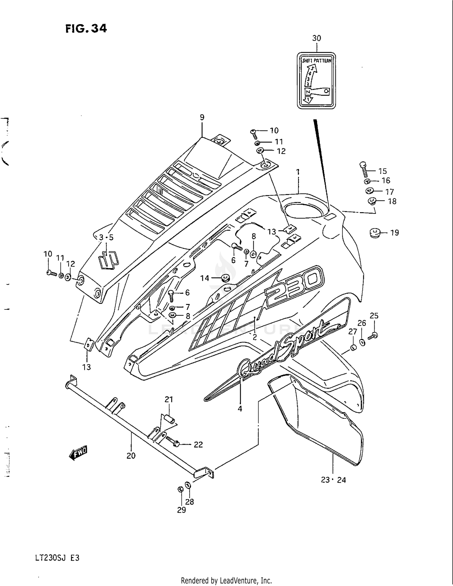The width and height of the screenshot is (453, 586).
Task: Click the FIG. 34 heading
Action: pyautogui.click(x=86, y=28)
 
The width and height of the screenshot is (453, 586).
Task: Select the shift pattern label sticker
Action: pyautogui.click(x=316, y=81)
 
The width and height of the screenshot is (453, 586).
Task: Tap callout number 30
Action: pyautogui.click(x=316, y=38)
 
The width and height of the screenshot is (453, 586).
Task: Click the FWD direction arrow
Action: pyautogui.click(x=78, y=453)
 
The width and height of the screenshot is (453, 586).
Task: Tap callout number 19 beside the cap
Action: pyautogui.click(x=394, y=232)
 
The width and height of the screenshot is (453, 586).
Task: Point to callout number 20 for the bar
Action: pyautogui.click(x=131, y=456)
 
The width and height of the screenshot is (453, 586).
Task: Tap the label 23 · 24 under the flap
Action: pyautogui.click(x=333, y=480)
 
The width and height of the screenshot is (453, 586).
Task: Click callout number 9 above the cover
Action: pyautogui.click(x=202, y=117)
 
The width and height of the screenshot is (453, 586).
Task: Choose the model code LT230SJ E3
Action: pyautogui.click(x=57, y=558)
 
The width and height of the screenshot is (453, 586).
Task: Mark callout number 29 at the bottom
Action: pyautogui.click(x=182, y=510)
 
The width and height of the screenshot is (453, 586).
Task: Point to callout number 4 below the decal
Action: pyautogui.click(x=240, y=409)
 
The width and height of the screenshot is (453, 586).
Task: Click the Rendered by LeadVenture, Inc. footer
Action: pyautogui.click(x=226, y=581)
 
